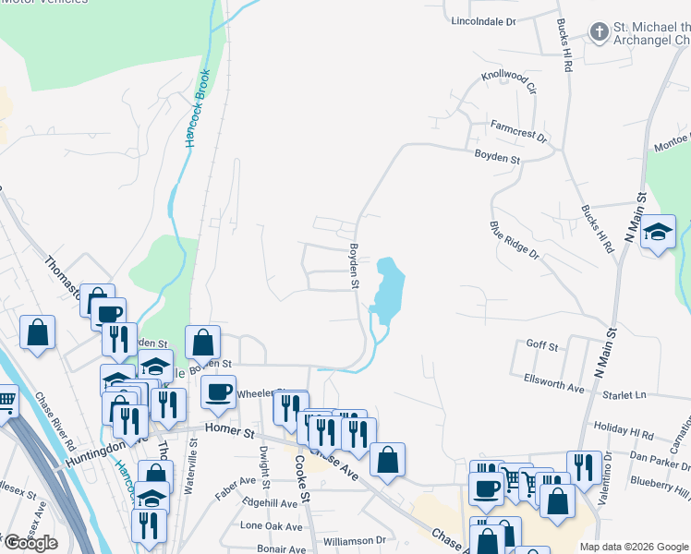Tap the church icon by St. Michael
(599, 33)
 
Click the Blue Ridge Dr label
(515, 242)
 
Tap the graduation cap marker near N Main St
(658, 232)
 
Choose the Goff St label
(542, 345)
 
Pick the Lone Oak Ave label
(271, 526)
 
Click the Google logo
(30, 543)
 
